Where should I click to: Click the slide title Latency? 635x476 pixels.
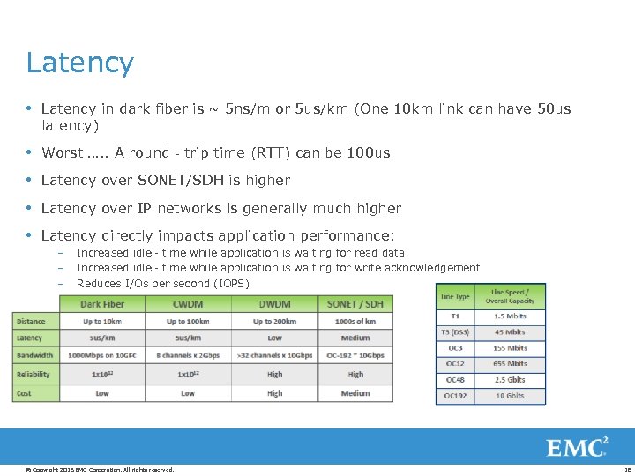click(x=79, y=63)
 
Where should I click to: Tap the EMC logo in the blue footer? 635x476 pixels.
click(x=577, y=447)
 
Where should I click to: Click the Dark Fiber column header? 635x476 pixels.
click(x=102, y=304)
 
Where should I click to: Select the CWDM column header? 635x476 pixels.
click(x=188, y=304)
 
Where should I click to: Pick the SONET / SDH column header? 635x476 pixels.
click(x=355, y=304)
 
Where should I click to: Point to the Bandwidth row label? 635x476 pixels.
click(x=34, y=355)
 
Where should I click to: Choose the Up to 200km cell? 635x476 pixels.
click(x=274, y=321)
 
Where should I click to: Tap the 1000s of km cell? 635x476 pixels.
click(x=355, y=321)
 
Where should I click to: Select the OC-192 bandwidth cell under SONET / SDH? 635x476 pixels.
click(x=355, y=355)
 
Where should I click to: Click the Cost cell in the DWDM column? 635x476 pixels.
click(x=274, y=393)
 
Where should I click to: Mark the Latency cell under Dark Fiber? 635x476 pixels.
click(x=102, y=338)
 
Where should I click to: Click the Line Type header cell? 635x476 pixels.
click(x=455, y=296)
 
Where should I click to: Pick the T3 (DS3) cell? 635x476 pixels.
click(x=455, y=332)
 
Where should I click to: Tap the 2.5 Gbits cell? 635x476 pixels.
click(x=509, y=380)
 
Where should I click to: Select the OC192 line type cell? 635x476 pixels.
click(x=455, y=396)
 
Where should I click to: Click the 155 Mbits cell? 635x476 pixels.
click(x=509, y=348)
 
